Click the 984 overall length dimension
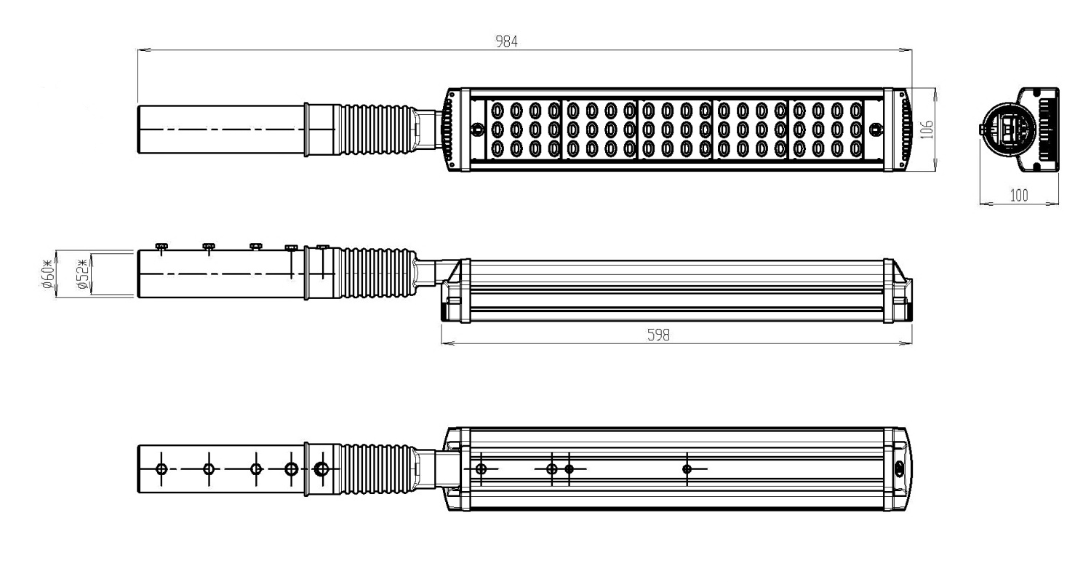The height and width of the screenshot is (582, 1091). tap(506, 42)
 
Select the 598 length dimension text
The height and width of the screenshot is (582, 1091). tap(658, 335)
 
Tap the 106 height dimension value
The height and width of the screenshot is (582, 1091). tap(927, 129)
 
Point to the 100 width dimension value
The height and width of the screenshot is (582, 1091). tap(1019, 196)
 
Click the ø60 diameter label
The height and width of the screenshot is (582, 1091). tap(47, 275)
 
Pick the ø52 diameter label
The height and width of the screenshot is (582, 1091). tap(84, 275)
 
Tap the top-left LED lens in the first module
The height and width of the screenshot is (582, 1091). tap(497, 110)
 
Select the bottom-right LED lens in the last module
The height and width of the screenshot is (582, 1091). tap(856, 148)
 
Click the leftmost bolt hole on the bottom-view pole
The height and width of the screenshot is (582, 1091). tap(161, 469)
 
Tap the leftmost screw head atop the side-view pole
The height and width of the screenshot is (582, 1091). tap(161, 246)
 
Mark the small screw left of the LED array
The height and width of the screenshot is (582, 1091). tap(477, 129)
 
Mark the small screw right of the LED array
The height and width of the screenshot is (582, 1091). tap(876, 129)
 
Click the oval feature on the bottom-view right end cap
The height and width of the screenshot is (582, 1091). tap(898, 469)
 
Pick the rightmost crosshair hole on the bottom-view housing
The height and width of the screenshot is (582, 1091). tap(687, 469)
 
